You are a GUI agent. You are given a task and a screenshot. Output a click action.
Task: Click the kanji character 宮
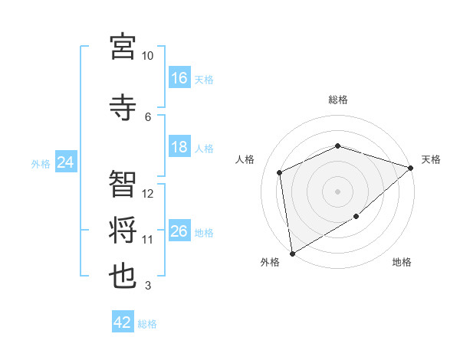point(123,47)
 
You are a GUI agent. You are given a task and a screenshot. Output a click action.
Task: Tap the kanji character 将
point(123,229)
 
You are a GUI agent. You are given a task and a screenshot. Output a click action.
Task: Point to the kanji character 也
point(123,276)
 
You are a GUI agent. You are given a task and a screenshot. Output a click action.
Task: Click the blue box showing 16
point(179,78)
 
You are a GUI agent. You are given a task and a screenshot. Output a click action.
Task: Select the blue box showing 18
point(179,148)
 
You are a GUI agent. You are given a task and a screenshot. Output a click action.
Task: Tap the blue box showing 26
point(179,231)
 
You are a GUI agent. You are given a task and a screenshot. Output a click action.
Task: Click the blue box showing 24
point(65,162)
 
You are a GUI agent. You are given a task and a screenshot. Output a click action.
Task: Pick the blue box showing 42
point(123,322)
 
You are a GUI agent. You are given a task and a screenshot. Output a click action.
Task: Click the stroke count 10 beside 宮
point(147,56)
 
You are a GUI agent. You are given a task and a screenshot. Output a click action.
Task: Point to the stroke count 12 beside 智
point(148,194)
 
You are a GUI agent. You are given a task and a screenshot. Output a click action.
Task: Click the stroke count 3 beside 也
point(148,286)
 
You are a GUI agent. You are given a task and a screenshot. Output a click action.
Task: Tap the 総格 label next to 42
point(147,324)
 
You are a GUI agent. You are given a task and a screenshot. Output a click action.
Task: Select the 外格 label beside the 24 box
point(40,163)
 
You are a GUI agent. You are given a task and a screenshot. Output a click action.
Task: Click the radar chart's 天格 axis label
point(431,159)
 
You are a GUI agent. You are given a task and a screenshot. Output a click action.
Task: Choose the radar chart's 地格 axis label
point(402,263)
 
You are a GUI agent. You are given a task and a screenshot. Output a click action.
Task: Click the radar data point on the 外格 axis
point(291,254)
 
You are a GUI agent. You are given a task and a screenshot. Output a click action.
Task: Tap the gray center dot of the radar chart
point(337,191)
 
